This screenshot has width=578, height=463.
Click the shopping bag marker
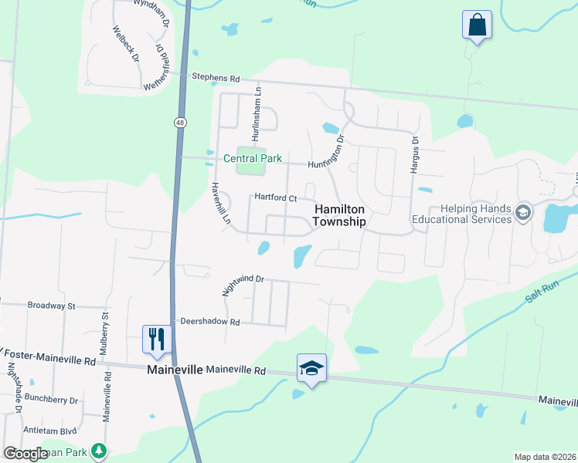478,25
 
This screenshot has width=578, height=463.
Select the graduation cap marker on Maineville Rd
311,368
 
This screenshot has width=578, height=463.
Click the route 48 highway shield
180,122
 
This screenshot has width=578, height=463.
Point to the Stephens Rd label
216,79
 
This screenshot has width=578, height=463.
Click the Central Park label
253,159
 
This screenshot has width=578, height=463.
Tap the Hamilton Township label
339,215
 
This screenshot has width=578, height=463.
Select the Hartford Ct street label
276,198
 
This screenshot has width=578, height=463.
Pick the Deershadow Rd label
210,321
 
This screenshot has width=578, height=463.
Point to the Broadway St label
51,306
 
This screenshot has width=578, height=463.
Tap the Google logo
25,454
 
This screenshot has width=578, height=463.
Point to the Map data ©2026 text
544,457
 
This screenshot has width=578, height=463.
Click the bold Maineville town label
175,370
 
